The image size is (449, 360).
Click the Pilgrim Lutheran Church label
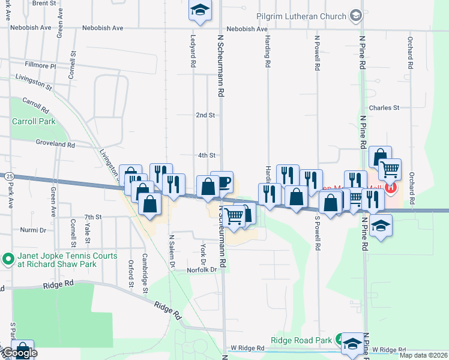301,17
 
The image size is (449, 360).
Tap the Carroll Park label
34,121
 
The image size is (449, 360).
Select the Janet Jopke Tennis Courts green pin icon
7,260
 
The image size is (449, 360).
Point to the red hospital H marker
391,187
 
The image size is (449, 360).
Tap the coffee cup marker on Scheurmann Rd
222,182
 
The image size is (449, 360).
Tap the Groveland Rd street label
54,145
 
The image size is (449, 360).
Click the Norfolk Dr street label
201,270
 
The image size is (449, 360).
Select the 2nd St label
205,115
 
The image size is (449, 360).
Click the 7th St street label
93,217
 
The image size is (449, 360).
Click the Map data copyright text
424,355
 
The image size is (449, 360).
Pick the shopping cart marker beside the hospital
390,170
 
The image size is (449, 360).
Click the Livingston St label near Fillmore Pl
34,82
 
